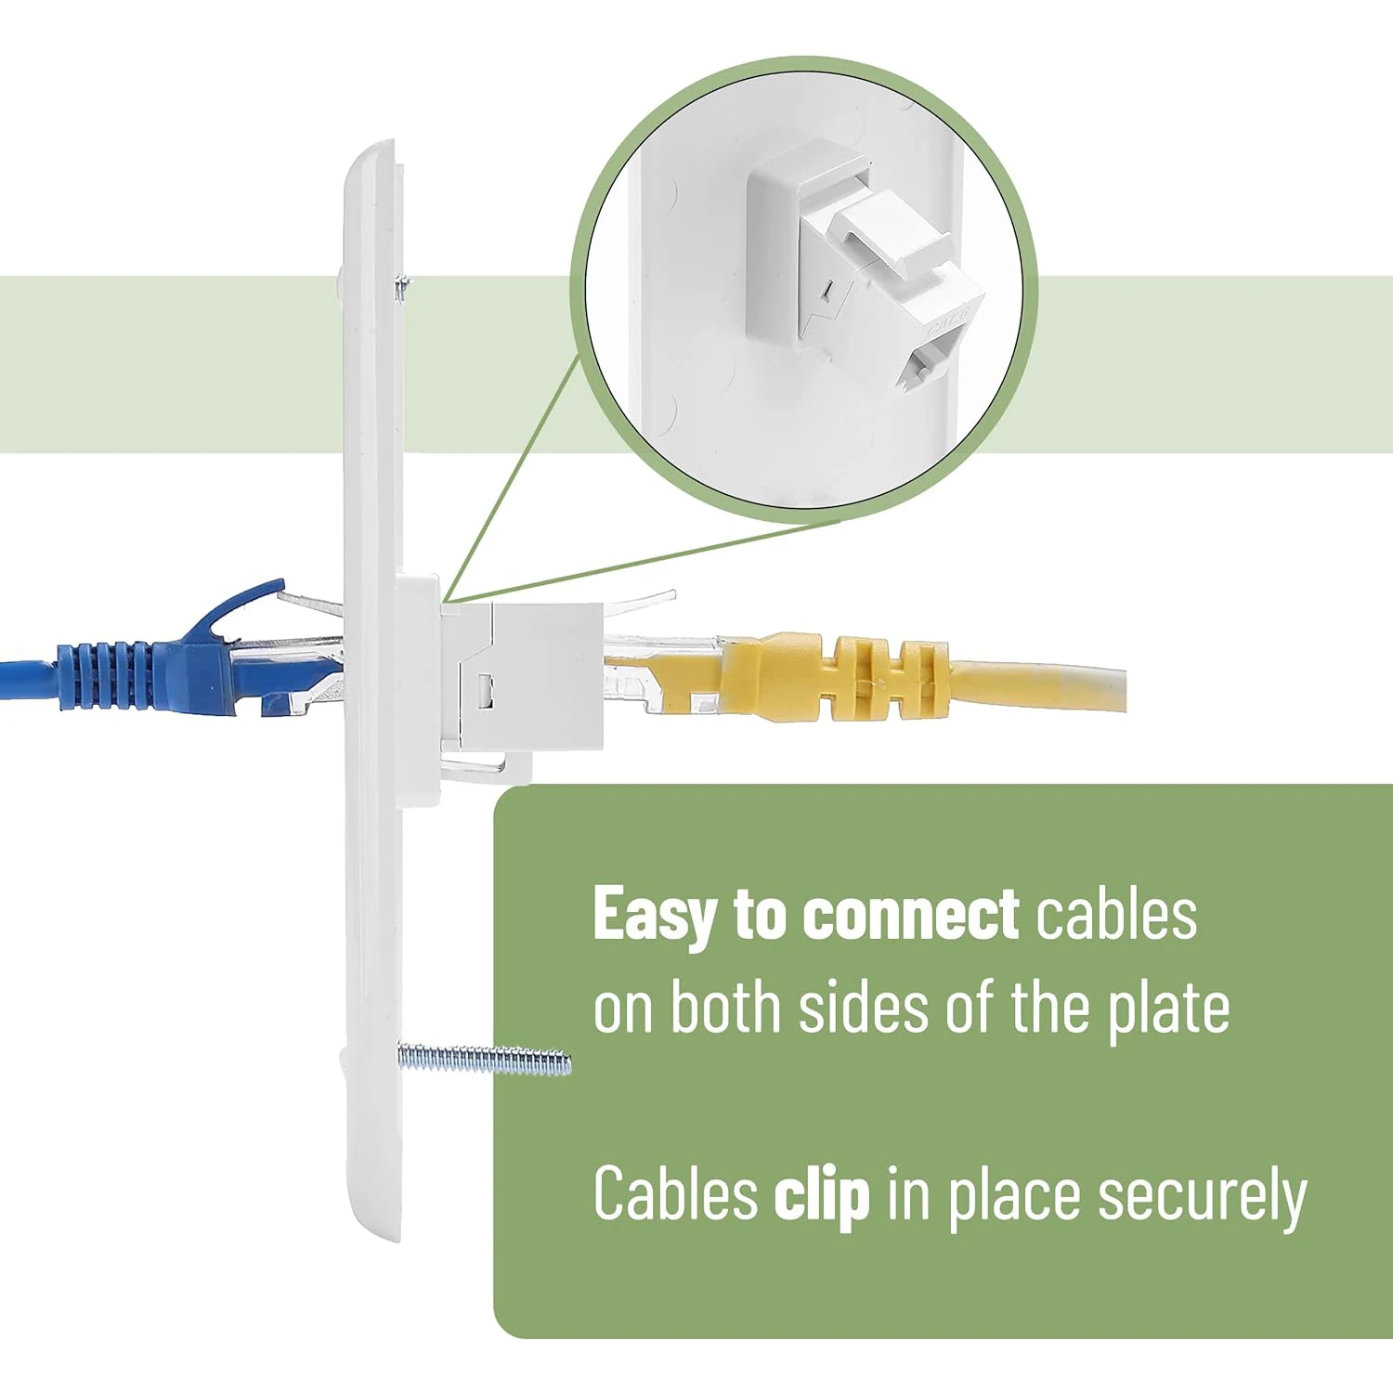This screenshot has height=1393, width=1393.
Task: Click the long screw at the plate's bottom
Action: click(x=483, y=1060)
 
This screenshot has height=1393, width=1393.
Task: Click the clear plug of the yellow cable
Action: click(x=650, y=673)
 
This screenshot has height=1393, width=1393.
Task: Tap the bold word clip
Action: click(x=821, y=1194)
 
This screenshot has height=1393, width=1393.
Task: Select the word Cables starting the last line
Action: click(x=675, y=1194)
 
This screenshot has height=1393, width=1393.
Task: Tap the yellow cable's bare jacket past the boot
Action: click(x=1040, y=685)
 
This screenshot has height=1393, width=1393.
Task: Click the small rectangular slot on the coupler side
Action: click(x=483, y=688)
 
